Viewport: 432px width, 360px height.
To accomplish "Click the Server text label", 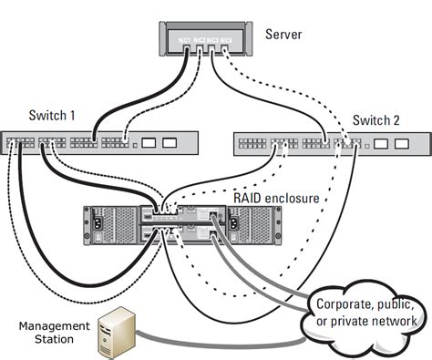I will [283, 35].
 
